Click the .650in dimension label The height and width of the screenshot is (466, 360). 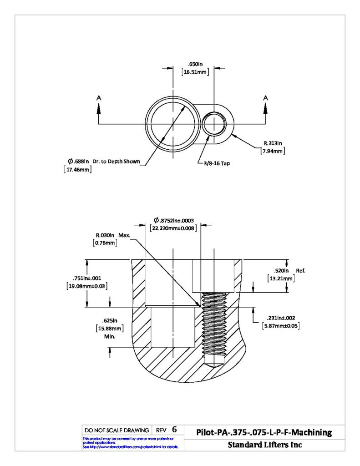click(195, 64)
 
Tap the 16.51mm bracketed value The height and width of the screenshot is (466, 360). click(195, 72)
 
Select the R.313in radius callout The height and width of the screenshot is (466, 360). click(273, 143)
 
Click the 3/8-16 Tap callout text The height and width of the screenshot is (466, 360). click(217, 163)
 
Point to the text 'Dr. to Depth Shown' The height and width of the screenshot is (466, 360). click(116, 162)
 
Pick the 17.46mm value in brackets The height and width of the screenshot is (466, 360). click(78, 170)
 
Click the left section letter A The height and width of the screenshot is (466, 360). click(99, 98)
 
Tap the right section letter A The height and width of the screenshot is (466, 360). click(265, 98)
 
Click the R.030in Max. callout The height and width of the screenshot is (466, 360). click(113, 235)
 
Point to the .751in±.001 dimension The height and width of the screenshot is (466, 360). click(87, 278)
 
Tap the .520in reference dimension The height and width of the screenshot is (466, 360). click(281, 271)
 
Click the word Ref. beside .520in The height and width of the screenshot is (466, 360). click(300, 271)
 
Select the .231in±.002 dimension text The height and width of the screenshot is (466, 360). click(281, 318)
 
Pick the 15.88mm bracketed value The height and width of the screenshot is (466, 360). click(110, 329)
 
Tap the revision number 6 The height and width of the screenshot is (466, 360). click(174, 430)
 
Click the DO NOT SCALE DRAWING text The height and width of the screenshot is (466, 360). click(117, 431)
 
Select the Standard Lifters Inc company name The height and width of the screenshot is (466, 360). click(265, 445)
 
